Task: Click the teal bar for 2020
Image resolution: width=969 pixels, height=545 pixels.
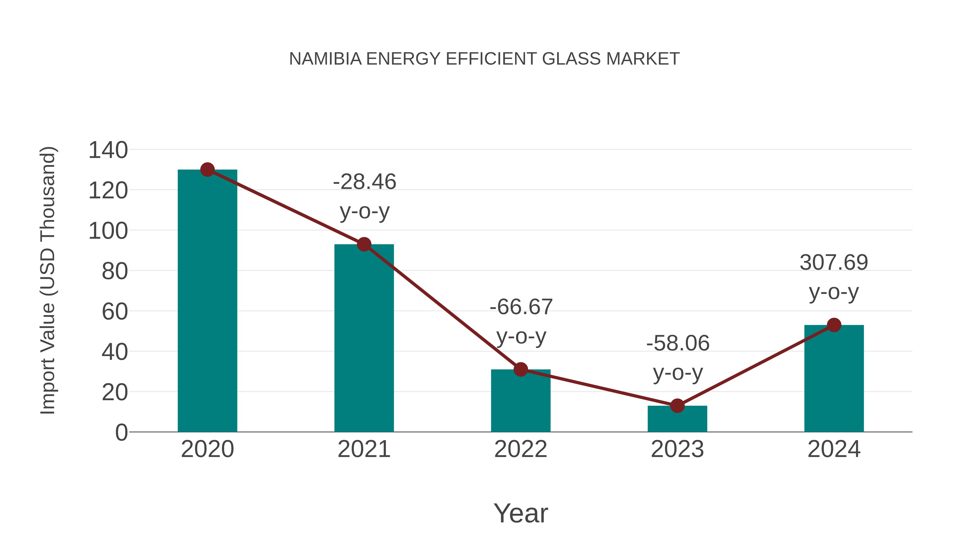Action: click(207, 301)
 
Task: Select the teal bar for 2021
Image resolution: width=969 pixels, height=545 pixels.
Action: click(364, 339)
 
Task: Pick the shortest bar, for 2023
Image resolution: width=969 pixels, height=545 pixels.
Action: click(677, 419)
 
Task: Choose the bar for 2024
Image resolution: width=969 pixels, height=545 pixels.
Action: click(834, 378)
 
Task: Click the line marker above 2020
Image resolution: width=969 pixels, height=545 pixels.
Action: click(207, 170)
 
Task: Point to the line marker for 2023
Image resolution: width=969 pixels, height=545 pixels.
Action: click(677, 406)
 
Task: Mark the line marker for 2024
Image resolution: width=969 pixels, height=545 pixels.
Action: click(834, 325)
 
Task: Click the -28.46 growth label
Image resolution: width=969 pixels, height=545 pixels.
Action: click(364, 182)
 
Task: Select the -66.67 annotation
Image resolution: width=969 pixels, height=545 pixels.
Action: click(521, 307)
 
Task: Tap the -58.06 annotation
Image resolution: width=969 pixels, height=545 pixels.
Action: click(678, 343)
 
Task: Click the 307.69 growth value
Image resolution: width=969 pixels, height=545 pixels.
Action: click(834, 262)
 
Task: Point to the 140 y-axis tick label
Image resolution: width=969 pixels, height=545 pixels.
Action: click(108, 150)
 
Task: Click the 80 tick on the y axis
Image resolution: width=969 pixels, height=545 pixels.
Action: click(115, 271)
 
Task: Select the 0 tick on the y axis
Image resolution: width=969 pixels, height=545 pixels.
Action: click(121, 433)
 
